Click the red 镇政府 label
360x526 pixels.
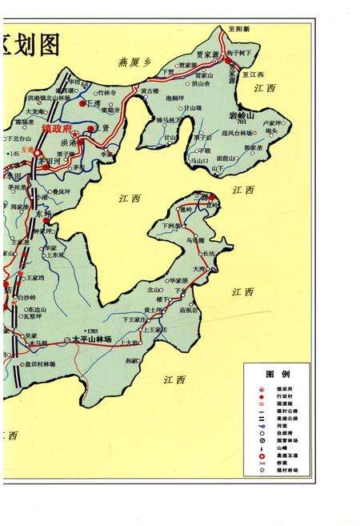56,127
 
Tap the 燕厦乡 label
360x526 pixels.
134,62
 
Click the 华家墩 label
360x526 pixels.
178,281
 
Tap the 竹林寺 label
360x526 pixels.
107,93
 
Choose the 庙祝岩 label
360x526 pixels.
190,311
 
